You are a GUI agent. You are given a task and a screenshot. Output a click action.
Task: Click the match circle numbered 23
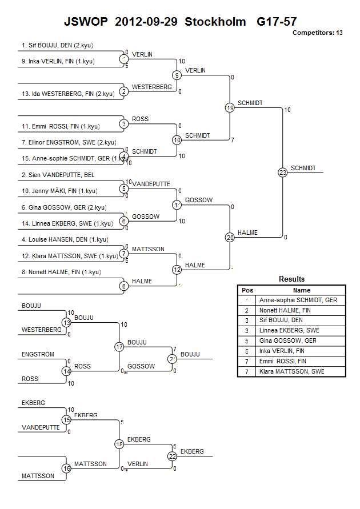point(282,173)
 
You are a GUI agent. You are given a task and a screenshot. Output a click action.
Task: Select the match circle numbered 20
point(230,237)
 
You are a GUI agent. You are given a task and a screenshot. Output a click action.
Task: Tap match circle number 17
point(119,346)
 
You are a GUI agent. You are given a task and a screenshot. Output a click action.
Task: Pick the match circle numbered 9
point(177,75)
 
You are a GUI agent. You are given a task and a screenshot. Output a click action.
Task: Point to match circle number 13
point(67,323)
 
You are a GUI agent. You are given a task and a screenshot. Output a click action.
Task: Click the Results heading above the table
point(291,279)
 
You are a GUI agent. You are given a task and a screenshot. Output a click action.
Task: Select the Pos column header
point(247,290)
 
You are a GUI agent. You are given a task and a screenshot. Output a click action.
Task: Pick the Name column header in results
point(302,290)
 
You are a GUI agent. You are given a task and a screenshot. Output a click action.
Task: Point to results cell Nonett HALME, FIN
point(285,310)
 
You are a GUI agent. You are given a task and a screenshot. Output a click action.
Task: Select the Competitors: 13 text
point(317,33)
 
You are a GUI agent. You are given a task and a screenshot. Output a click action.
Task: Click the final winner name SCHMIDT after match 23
point(302,168)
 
